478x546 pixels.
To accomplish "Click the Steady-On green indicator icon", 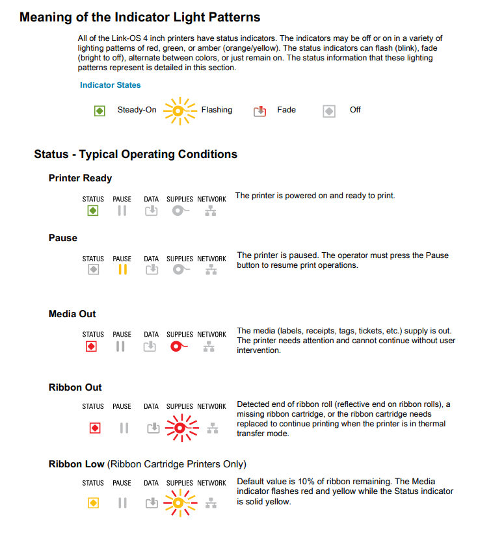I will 100,110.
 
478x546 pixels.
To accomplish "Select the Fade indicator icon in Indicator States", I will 260,111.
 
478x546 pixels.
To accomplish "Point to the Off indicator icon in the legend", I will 329,111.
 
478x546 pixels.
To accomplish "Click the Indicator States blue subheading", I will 110,85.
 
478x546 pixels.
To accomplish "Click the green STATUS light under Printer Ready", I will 93,211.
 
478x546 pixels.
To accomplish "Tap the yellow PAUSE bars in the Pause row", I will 122,270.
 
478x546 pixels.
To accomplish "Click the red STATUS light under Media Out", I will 92,346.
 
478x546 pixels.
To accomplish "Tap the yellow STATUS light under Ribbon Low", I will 93,503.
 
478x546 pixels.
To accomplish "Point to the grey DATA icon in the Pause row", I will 151,270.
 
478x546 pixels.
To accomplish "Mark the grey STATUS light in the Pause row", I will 93,270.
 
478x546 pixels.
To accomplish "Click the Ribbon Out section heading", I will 75,387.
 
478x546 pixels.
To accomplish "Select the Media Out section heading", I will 72,314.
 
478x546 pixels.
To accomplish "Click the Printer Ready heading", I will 80,178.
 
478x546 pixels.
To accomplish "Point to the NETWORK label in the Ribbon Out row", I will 211,406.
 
